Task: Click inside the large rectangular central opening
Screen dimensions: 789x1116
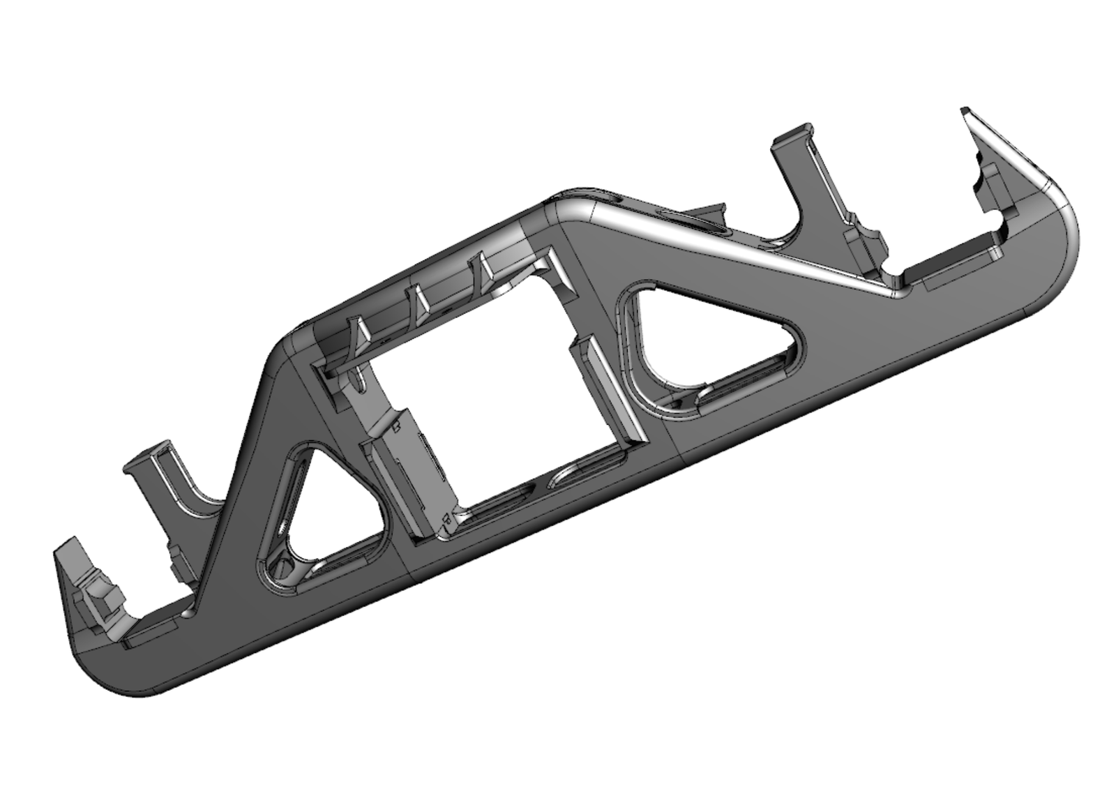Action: click(x=488, y=391)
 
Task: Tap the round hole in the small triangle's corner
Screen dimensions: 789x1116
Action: click(x=285, y=564)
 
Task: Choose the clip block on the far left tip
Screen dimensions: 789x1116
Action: click(x=98, y=596)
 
